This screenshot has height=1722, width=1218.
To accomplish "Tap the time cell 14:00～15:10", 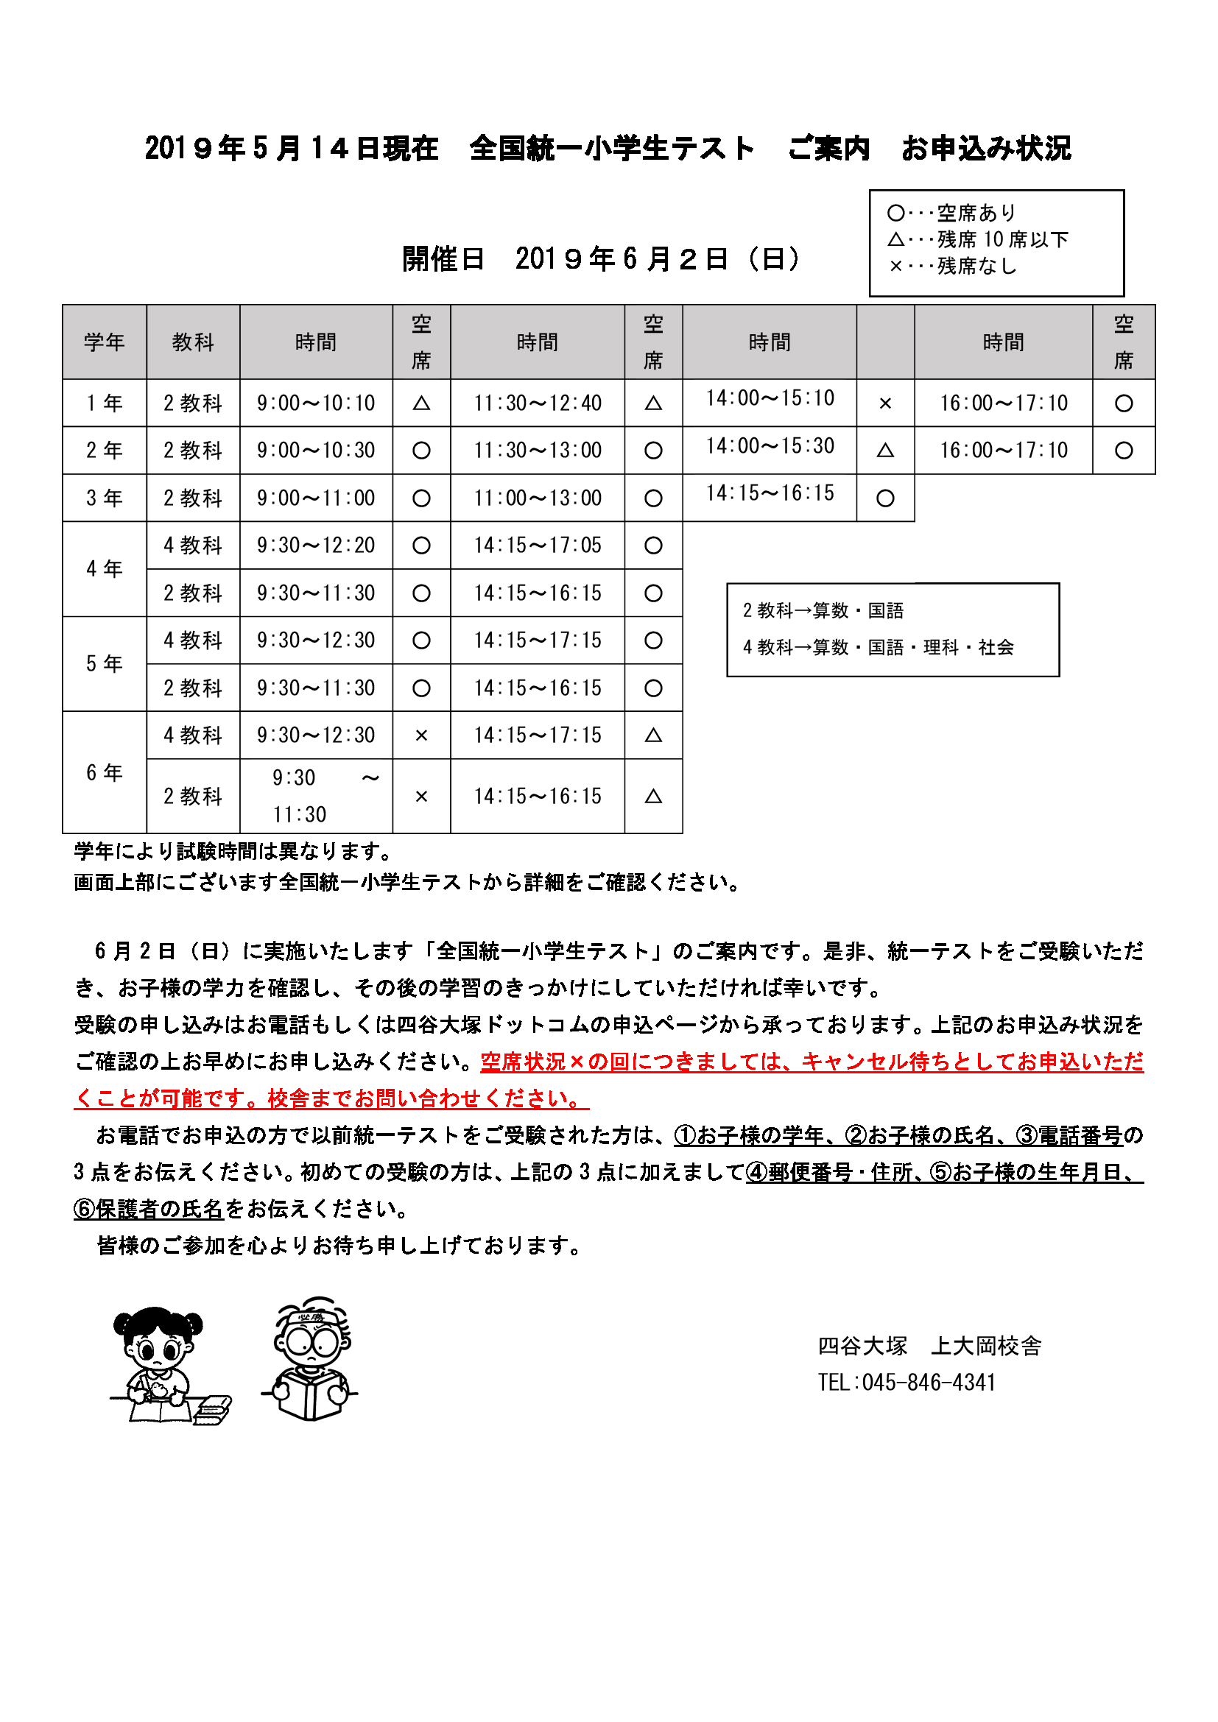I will [x=770, y=398].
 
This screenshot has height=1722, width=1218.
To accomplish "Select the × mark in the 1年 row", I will [x=885, y=403].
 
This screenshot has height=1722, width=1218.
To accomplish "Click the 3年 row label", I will [x=105, y=498].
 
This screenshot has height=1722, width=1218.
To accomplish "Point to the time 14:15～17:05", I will [x=537, y=546].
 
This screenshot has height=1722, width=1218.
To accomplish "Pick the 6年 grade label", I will [x=105, y=772].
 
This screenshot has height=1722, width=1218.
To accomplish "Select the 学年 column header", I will [x=105, y=342].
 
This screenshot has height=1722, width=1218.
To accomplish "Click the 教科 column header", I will [x=193, y=342].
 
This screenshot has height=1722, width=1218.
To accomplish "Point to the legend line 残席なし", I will [x=952, y=267].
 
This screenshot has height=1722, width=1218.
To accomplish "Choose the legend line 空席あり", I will [x=952, y=213].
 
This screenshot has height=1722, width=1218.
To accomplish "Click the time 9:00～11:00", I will [x=316, y=498].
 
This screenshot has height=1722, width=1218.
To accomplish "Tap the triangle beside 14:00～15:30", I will [x=885, y=451].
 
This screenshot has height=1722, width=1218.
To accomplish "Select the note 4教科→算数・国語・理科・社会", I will [x=879, y=647].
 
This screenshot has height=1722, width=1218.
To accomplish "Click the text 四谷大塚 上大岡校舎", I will [x=929, y=1347].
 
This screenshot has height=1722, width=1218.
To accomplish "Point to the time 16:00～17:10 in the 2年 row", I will [x=1004, y=451].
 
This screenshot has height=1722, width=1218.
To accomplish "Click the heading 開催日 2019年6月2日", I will [x=602, y=259].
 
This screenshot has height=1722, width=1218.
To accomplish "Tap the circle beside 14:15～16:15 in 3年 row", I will [x=885, y=498].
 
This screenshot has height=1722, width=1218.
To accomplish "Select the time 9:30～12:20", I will [x=316, y=546].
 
